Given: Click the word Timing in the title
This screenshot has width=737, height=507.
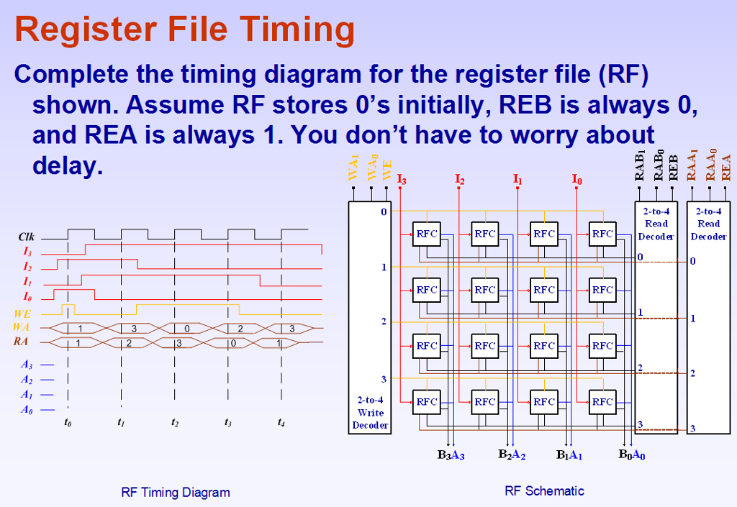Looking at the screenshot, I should pos(297,30).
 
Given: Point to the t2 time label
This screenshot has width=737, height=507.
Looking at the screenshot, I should pos(175,423).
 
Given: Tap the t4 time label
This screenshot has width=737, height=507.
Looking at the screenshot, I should pos(281,423).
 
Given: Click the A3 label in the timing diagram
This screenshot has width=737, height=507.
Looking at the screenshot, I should pos(27,365).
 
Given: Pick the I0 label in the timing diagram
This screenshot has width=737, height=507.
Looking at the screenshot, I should pos(27,297).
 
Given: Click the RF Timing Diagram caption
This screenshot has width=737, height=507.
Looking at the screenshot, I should pos(176,493).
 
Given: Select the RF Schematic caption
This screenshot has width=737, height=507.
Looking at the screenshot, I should pos(544,491).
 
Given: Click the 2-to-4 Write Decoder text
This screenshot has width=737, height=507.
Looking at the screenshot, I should pos(371,413).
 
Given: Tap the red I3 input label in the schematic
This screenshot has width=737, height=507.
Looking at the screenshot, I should pos(402,178).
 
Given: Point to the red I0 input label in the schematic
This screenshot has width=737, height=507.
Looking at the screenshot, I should pos(577,178).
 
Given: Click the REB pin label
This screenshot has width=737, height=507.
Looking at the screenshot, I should pos(673,167).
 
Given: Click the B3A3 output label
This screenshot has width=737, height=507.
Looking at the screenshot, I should pos(451,455).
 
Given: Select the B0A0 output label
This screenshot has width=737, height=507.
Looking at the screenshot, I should pos(632,455).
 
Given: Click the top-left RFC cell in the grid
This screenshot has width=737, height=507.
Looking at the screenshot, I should pos(426,234).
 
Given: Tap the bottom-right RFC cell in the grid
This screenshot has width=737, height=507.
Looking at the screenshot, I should pos(602,402).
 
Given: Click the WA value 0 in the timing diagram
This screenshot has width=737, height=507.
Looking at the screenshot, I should pos(187,329).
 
